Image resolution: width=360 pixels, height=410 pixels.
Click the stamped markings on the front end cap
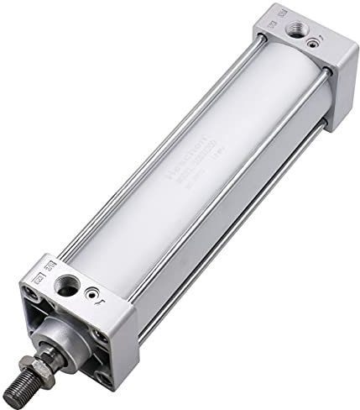point(38,277)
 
